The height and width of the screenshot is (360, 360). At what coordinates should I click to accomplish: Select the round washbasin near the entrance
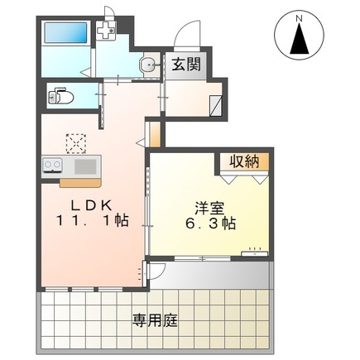click(x=147, y=65)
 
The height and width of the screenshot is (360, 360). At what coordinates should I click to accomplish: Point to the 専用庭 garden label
click(x=153, y=319)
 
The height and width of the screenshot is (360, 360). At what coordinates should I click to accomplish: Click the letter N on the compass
click(x=300, y=16)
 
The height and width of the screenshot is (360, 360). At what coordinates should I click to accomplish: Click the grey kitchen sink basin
click(x=88, y=166)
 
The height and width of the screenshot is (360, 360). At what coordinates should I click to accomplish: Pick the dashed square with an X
click(x=77, y=143)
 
